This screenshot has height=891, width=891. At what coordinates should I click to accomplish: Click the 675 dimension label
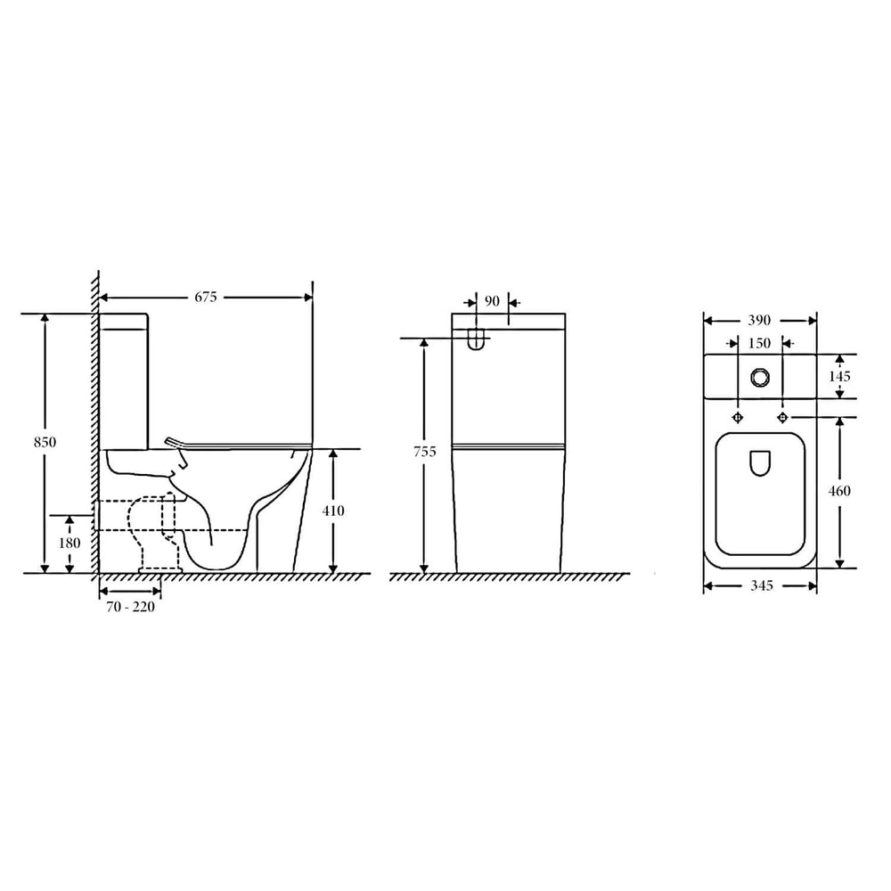pyautogui.click(x=206, y=298)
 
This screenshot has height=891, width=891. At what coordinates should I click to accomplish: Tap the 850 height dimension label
pyautogui.click(x=45, y=442)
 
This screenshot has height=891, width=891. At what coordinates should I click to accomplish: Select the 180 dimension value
pyautogui.click(x=69, y=544)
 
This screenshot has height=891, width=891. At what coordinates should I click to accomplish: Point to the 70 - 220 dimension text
pyautogui.click(x=130, y=607)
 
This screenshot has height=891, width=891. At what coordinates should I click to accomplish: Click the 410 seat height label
pyautogui.click(x=333, y=511)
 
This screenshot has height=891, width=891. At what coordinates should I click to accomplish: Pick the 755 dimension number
pyautogui.click(x=425, y=452)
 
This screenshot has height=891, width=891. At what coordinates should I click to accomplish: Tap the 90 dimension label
pyautogui.click(x=492, y=301)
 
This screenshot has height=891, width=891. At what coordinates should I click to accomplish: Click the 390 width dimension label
pyautogui.click(x=759, y=321)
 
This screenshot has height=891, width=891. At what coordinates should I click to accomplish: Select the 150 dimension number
pyautogui.click(x=759, y=343)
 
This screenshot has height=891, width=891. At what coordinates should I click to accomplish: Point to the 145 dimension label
pyautogui.click(x=839, y=376)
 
